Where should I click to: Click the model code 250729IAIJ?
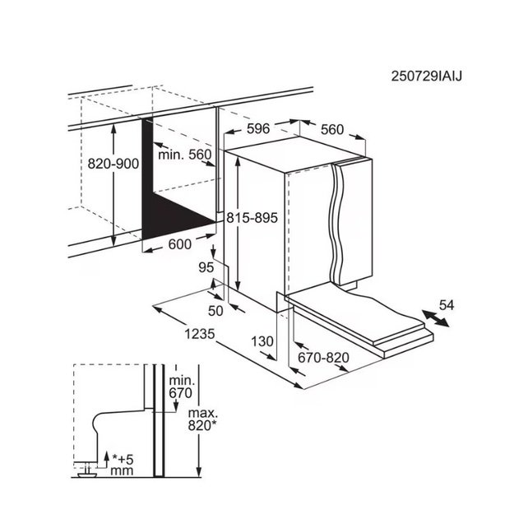(427, 76)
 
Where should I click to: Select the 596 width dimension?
(258, 128)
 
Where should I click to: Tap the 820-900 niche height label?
(113, 164)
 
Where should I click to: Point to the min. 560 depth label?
(185, 154)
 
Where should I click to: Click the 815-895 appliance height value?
(252, 218)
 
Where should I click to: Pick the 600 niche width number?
(179, 244)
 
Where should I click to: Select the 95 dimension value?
(206, 267)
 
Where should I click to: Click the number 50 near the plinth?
(215, 311)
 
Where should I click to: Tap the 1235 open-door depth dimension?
(200, 334)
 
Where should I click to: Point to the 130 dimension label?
(262, 341)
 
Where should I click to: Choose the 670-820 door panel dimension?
(323, 357)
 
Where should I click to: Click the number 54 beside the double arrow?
(447, 305)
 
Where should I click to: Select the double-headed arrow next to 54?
(436, 318)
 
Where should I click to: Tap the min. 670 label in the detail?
(181, 387)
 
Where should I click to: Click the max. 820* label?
(202, 419)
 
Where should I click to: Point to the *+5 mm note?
(123, 465)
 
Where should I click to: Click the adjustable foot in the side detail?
(86, 470)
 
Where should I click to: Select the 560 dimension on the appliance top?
(332, 130)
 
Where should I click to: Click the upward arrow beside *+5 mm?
(105, 459)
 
